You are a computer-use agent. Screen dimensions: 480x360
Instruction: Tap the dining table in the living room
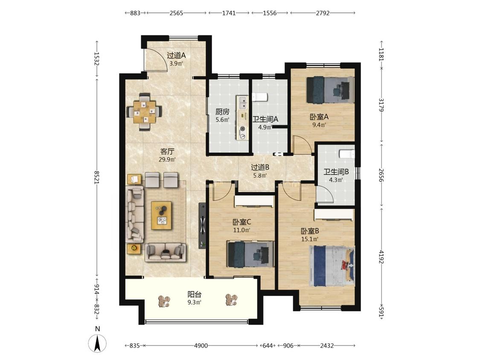click(145, 112)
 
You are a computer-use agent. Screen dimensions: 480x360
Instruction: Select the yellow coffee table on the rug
click(161, 215)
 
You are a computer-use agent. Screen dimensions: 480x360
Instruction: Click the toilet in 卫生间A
click(260, 97)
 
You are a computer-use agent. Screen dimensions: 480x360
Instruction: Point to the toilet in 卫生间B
click(347, 154)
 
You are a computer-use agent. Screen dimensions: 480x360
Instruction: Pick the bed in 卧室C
click(250, 254)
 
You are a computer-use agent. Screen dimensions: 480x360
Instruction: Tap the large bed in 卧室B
click(332, 266)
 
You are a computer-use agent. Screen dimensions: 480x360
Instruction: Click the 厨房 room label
click(222, 112)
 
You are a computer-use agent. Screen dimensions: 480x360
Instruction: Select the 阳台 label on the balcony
click(195, 294)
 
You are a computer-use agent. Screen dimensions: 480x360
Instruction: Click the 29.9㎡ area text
click(167, 159)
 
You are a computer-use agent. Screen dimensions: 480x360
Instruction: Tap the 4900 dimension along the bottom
click(201, 345)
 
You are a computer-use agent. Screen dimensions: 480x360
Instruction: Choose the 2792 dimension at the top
click(323, 13)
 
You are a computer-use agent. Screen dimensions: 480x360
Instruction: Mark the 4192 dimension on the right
click(381, 256)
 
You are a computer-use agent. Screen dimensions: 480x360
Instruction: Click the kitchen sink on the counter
click(242, 102)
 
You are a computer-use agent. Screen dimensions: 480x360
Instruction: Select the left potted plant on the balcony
click(165, 301)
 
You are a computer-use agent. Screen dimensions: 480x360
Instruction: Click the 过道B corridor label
click(260, 167)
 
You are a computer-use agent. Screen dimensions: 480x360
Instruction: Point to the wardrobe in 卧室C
click(254, 201)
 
